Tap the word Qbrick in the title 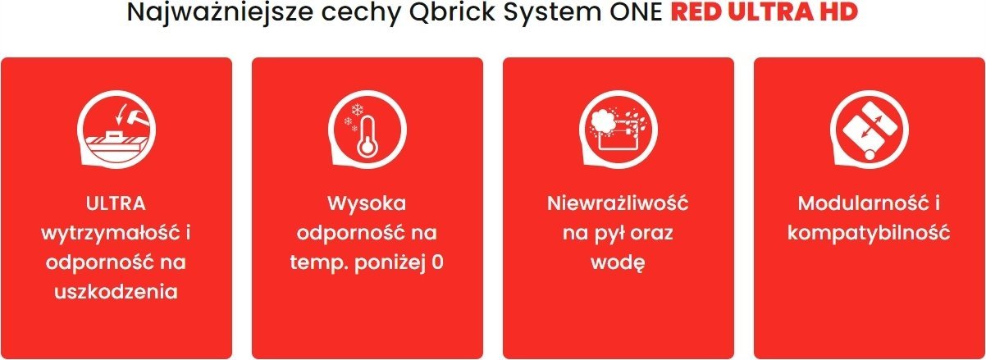[452, 12]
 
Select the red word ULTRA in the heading [770, 11]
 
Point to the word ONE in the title [636, 12]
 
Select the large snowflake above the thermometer [356, 109]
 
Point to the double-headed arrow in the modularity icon [869, 128]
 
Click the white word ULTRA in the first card [116, 203]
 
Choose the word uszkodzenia [116, 292]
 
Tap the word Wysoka [367, 203]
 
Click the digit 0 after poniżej [437, 262]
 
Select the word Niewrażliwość [618, 203]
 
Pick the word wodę [618, 262]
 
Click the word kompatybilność [869, 233]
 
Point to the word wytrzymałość [111, 233]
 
